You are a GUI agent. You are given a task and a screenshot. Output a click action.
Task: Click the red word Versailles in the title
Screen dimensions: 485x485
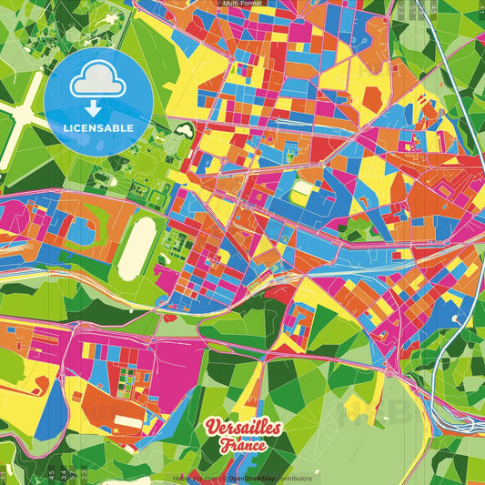tap(243, 429)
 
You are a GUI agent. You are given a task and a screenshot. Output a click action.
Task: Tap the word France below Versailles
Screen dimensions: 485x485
tap(243, 446)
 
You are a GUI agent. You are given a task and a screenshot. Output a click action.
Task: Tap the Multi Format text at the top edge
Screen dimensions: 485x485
tap(241, 4)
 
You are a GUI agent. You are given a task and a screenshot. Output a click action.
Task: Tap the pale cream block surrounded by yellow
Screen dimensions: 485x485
tap(300, 189)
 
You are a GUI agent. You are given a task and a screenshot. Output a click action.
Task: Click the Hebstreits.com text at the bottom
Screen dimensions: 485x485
tap(193, 478)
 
